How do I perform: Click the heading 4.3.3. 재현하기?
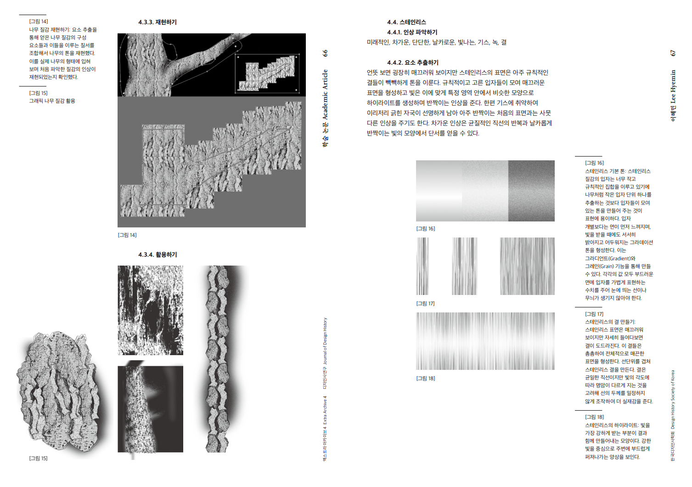tap(157, 22)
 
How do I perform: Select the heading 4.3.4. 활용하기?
tap(157, 255)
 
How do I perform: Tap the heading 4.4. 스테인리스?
tap(406, 22)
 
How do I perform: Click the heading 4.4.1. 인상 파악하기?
tap(412, 32)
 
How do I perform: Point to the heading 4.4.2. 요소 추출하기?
tap(413, 62)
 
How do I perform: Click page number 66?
tap(325, 53)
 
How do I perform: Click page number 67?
tap(673, 53)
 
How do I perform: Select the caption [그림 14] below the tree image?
tap(127, 235)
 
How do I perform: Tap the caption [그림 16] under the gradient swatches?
tap(425, 229)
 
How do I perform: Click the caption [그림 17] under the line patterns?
tap(425, 303)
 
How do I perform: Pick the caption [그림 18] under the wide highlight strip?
tap(425, 378)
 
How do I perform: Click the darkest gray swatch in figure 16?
tap(531, 191)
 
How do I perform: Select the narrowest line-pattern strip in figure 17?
tap(422, 266)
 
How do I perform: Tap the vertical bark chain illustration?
tap(219, 359)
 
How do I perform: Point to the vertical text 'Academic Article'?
tap(325, 95)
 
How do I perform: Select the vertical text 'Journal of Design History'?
tap(325, 341)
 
